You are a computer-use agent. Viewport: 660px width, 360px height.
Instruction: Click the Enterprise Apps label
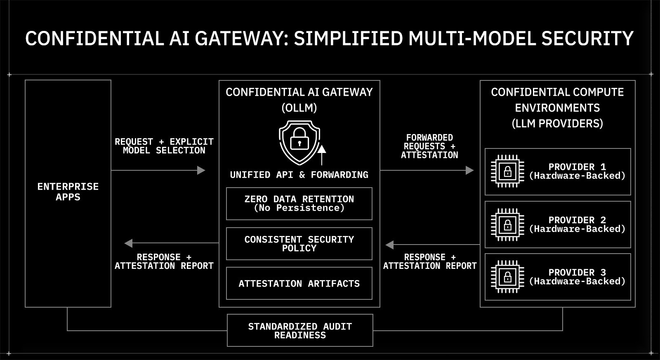click(x=68, y=192)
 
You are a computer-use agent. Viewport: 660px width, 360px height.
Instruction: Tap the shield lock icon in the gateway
click(x=299, y=142)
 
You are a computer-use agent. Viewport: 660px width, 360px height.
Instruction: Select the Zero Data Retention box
click(x=299, y=204)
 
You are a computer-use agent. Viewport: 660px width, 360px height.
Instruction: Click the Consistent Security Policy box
click(x=299, y=244)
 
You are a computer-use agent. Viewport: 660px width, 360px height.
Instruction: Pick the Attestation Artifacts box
click(x=299, y=283)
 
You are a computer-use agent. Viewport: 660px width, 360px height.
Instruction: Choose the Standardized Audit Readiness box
click(x=300, y=330)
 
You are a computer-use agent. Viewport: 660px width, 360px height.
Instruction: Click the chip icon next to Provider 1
click(x=507, y=171)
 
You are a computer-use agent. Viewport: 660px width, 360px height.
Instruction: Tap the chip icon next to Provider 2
click(x=507, y=225)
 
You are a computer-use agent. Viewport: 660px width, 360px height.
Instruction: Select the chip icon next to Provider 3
click(x=507, y=277)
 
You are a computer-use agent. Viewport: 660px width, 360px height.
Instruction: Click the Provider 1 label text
click(x=577, y=171)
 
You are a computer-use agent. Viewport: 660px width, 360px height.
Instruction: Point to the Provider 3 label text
click(x=577, y=277)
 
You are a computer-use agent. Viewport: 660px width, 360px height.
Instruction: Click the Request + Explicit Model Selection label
click(x=164, y=146)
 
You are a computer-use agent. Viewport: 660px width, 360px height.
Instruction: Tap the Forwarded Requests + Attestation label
click(x=429, y=146)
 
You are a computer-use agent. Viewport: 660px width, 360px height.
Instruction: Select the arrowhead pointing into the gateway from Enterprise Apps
click(x=201, y=170)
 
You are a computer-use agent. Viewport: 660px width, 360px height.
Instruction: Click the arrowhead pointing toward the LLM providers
click(x=469, y=170)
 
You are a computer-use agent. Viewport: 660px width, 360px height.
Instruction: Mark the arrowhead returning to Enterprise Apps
click(x=129, y=243)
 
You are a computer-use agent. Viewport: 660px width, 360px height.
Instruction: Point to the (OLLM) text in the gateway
click(x=299, y=108)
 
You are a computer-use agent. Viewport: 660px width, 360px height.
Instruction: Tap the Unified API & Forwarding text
click(x=299, y=175)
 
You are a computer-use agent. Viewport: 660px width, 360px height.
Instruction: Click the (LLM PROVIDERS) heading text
click(x=557, y=123)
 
